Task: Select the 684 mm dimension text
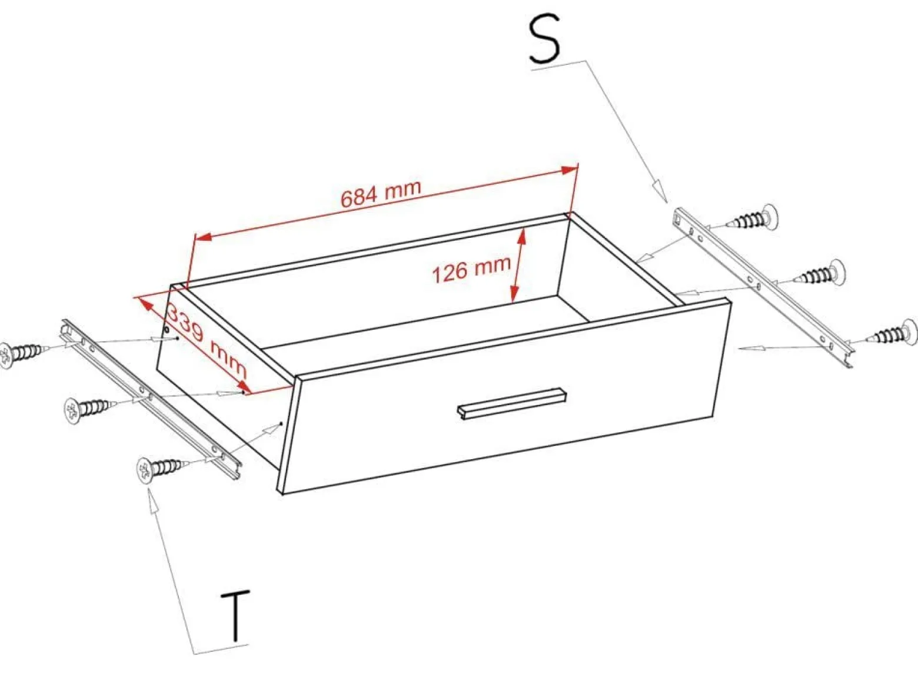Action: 381,193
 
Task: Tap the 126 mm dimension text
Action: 471,270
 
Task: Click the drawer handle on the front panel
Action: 511,403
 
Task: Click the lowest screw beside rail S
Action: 893,333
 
